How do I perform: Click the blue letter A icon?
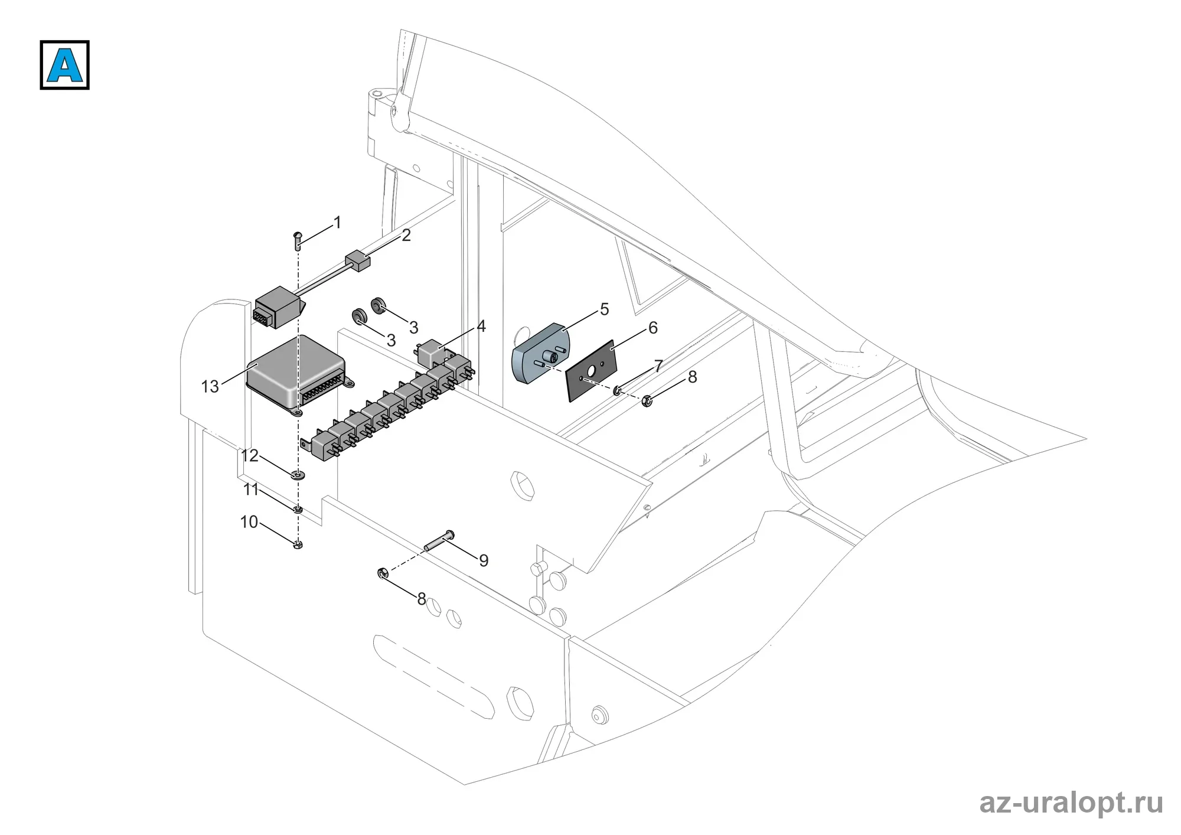point(64,65)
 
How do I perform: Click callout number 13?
point(210,387)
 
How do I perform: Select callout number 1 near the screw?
point(337,223)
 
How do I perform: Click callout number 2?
point(406,235)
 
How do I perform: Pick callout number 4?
point(481,326)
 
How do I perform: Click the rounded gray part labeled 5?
point(540,353)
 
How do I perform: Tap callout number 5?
point(604,309)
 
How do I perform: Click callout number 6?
point(653,328)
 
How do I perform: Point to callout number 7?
point(658,366)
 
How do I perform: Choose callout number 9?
point(484,560)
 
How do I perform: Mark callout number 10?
point(249,522)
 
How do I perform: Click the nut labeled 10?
point(298,544)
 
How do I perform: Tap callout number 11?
point(251,490)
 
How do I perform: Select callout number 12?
point(250,456)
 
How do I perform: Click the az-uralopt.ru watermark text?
point(1071,803)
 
